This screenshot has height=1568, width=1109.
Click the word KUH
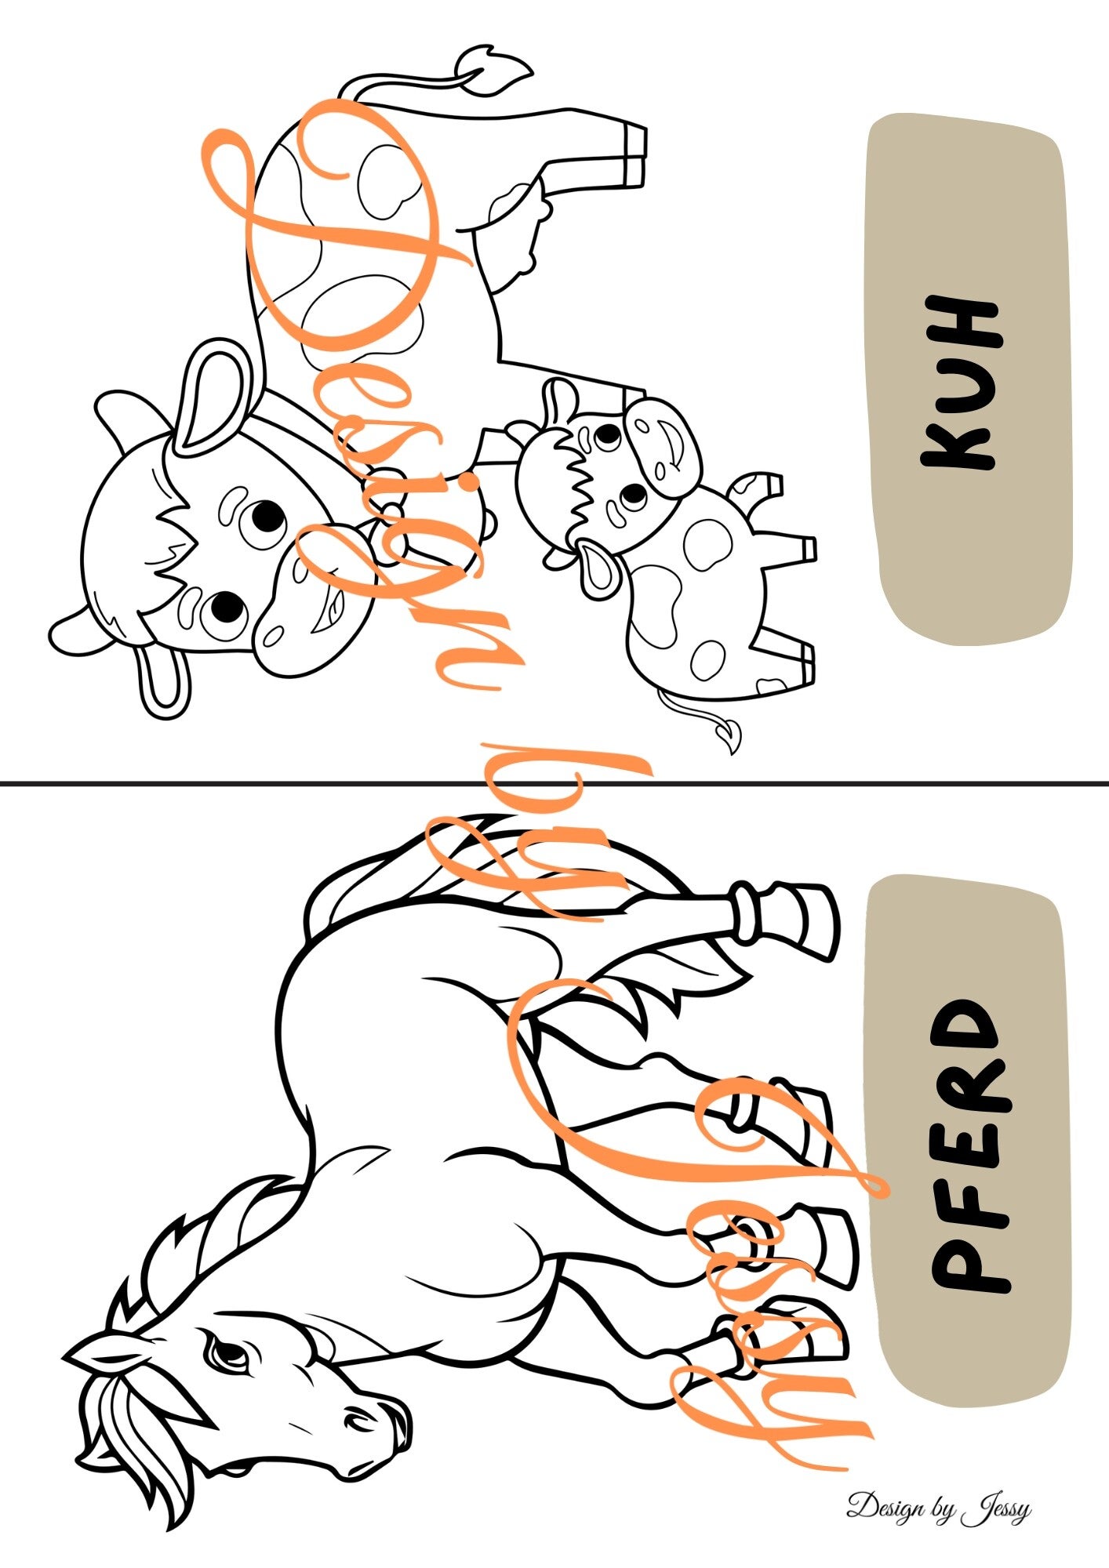tap(962, 383)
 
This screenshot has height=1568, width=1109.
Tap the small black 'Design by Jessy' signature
tap(938, 1508)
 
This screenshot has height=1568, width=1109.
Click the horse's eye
tap(227, 1354)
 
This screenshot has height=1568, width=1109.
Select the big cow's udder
tap(520, 227)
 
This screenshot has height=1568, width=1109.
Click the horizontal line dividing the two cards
tap(554, 782)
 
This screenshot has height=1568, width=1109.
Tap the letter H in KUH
tap(962, 322)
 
